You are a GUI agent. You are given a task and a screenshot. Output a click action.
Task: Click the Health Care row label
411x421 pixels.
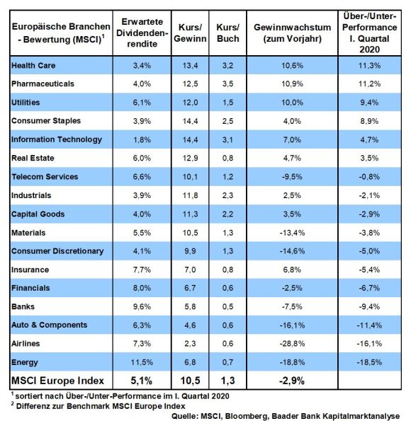pyautogui.click(x=33, y=66)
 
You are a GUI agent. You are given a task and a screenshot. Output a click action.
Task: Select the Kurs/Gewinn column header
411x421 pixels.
pyautogui.click(x=190, y=33)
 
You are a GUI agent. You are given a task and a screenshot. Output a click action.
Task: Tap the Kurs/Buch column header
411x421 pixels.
pyautogui.click(x=228, y=33)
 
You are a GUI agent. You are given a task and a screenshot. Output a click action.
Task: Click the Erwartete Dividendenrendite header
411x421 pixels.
pyautogui.click(x=142, y=33)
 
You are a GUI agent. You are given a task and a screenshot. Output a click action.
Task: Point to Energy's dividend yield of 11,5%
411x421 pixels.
pyautogui.click(x=142, y=362)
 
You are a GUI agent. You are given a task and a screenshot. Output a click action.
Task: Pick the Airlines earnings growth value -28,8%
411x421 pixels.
pyautogui.click(x=292, y=344)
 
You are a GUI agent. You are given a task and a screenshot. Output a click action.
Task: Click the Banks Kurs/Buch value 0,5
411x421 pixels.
pyautogui.click(x=228, y=306)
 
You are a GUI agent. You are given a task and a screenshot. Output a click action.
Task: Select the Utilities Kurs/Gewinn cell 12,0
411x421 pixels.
pyautogui.click(x=190, y=103)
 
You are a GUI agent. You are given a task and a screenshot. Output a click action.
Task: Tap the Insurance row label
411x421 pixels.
pyautogui.click(x=30, y=270)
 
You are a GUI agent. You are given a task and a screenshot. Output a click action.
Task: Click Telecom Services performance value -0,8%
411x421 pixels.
pyautogui.click(x=369, y=177)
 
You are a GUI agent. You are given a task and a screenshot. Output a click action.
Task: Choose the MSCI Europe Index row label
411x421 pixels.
pyautogui.click(x=57, y=381)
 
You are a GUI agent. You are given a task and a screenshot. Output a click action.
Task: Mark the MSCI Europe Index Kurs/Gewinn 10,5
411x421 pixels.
pyautogui.click(x=190, y=381)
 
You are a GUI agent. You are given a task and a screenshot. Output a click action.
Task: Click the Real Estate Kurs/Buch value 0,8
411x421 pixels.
pyautogui.click(x=228, y=158)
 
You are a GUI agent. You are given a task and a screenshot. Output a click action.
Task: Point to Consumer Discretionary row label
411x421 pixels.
pyautogui.click(x=57, y=251)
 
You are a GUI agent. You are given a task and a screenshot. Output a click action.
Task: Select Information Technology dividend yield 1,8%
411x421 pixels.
pyautogui.click(x=142, y=139)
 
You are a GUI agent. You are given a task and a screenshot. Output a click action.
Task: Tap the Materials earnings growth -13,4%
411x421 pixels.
pyautogui.click(x=292, y=233)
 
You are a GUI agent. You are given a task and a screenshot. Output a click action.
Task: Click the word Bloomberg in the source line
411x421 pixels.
pyautogui.click(x=246, y=416)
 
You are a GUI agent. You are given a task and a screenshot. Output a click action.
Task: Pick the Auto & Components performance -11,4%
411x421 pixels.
pyautogui.click(x=369, y=325)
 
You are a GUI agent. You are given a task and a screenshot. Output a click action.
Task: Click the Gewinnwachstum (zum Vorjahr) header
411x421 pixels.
pyautogui.click(x=293, y=33)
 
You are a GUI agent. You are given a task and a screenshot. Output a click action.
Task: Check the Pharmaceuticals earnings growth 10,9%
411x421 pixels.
pyautogui.click(x=292, y=83)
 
